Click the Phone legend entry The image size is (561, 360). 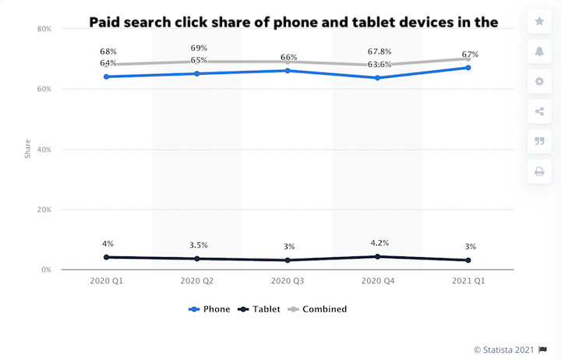pos(210,309)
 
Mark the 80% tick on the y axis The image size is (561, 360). pos(44,29)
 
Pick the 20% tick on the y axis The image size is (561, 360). pos(44,210)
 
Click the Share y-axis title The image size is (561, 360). pos(28,150)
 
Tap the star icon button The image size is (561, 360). pos(539,21)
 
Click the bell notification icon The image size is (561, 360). pos(539,51)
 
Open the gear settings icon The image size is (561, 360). pos(539,81)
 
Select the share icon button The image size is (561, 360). pos(539,111)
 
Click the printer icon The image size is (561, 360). pos(539,171)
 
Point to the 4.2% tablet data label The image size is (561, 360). pos(379,242)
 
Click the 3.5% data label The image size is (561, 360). pos(198,245)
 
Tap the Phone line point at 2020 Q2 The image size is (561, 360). pos(197,74)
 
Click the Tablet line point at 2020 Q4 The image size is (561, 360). pos(378,256)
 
